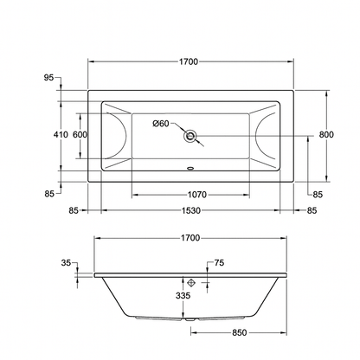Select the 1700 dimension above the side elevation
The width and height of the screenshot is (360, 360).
pos(190,238)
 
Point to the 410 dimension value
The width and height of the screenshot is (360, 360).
pos(60,135)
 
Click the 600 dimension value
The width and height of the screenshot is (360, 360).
pos(80,135)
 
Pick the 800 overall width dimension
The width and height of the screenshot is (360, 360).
pos(326,135)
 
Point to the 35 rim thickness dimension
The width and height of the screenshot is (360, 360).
pos(67,263)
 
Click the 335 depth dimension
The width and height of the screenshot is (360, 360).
pos(183,295)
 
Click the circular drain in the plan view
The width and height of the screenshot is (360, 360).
pos(190,135)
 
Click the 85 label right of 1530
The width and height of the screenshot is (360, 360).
pos(312,210)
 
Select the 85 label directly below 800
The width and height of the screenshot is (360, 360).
pos(317,195)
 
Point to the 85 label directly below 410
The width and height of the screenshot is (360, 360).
pos(60,195)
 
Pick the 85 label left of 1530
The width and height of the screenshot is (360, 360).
pos(74,210)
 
